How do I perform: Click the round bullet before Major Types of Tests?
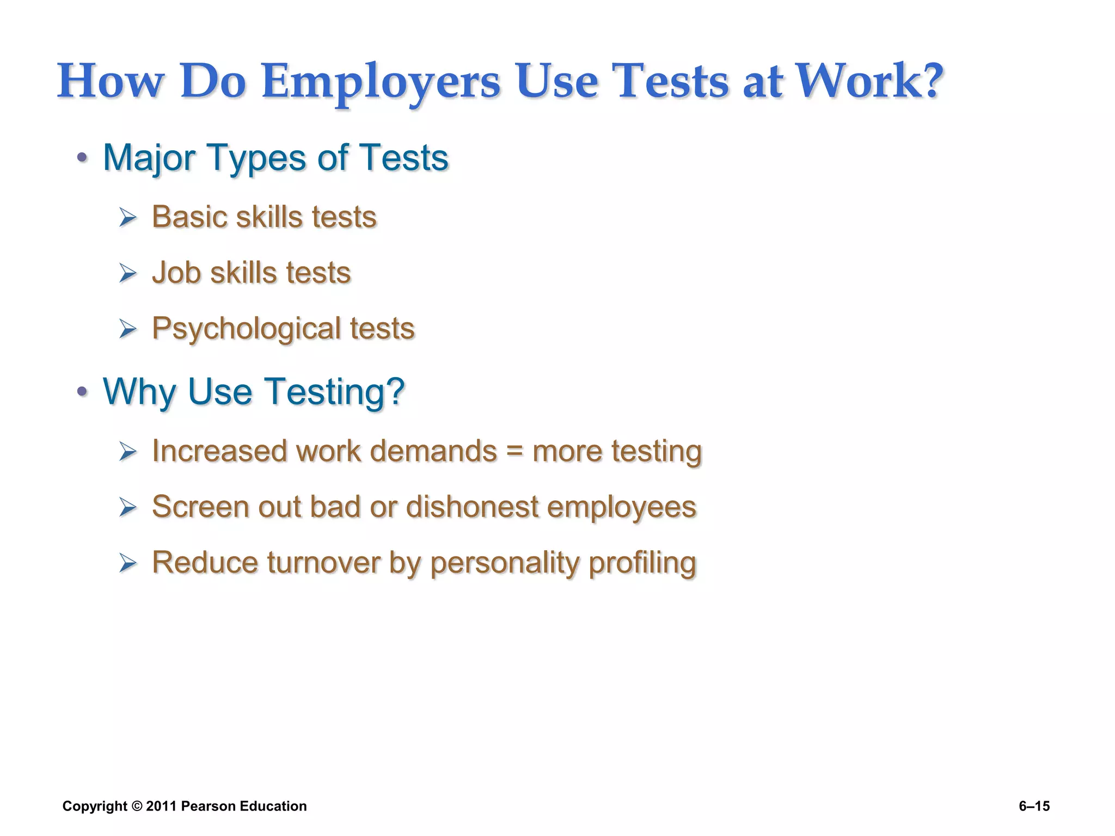pos(82,158)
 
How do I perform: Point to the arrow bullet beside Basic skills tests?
pos(128,218)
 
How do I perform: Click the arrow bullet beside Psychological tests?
pos(128,329)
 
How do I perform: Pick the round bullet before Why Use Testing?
pos(82,391)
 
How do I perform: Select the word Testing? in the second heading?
pos(335,392)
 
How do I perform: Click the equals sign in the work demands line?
pos(514,452)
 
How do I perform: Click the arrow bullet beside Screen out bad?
pos(128,508)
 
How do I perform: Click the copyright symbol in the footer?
pos(137,807)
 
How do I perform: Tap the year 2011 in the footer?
pos(161,807)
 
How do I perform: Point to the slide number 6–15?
pos(1034,807)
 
